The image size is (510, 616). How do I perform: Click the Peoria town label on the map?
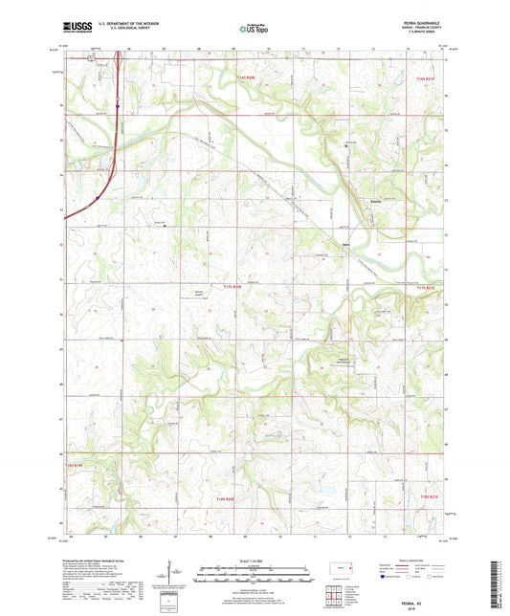(377, 201)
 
